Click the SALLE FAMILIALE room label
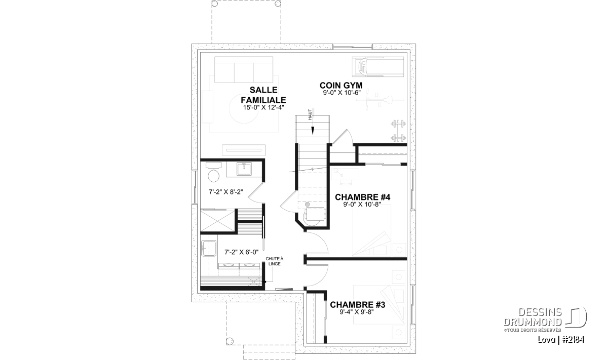pos(263,95)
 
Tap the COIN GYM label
pos(341,85)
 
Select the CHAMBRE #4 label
pos(363,197)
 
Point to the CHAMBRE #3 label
pos(358,305)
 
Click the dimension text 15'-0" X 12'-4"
pos(263,107)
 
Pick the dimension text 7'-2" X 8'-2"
pos(226,192)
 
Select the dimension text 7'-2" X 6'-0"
pos(242,252)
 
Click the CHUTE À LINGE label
pos(275,262)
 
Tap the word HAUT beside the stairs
pos(310,114)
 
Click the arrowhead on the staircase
pos(313,131)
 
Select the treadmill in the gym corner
pos(378,66)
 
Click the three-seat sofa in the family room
pos(244,69)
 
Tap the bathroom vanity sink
pos(244,169)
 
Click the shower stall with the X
pos(217,220)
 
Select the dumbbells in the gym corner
pos(398,131)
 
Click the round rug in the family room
pos(244,108)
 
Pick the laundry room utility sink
pos(208,248)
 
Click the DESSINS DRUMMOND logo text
pos(533,317)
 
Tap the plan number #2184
pos(574,340)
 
